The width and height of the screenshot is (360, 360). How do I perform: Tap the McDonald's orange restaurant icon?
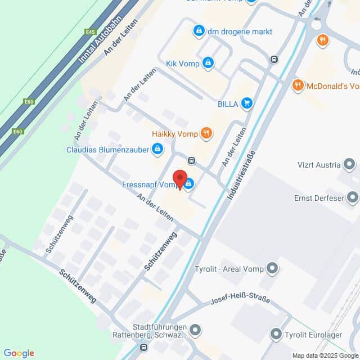pos(298,86)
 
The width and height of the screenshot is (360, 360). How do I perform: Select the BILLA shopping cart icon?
pos(246,103)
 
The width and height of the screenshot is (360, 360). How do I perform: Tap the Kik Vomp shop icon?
pos(208,62)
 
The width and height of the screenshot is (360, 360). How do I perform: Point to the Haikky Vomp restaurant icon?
pos(207,133)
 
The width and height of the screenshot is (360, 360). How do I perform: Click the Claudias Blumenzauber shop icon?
pos(157,149)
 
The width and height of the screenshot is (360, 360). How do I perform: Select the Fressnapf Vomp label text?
pos(148,184)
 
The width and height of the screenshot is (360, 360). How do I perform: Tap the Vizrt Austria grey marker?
pos(350,165)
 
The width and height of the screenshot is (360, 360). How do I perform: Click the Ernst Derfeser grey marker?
pos(353,197)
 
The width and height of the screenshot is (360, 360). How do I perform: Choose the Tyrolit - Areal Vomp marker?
pos(273,268)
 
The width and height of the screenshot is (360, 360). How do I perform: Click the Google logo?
pos(19,353)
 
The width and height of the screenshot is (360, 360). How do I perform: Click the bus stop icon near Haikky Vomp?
pos(192,160)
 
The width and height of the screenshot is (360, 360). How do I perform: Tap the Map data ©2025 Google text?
pos(325,355)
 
